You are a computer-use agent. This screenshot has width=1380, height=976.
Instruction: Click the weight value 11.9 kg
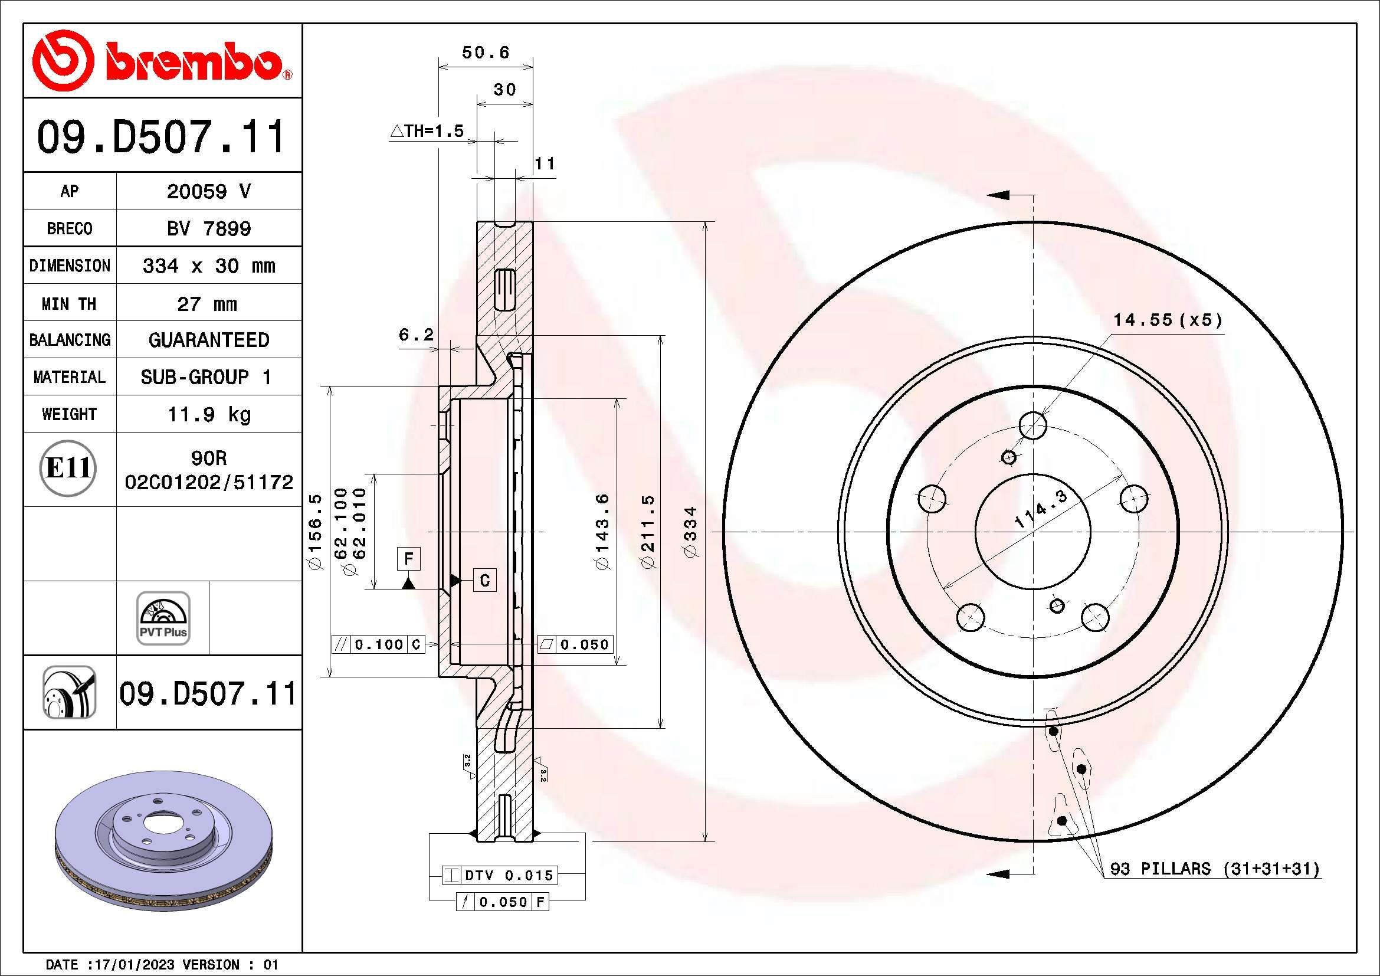pyautogui.click(x=208, y=414)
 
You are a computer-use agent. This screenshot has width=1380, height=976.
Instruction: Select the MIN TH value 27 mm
pyautogui.click(x=207, y=304)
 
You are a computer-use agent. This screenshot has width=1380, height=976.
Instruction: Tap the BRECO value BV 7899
pyautogui.click(x=208, y=228)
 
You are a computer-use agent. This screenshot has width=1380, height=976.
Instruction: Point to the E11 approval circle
pyautogui.click(x=68, y=467)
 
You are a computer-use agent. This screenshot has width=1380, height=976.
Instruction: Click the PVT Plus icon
pyautogui.click(x=163, y=618)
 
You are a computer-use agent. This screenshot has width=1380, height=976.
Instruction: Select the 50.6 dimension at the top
pyautogui.click(x=485, y=53)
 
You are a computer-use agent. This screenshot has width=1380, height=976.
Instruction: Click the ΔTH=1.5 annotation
pyautogui.click(x=427, y=131)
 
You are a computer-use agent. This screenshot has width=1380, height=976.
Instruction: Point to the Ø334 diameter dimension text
pyautogui.click(x=691, y=531)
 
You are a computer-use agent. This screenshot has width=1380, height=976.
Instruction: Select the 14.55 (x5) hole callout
pyautogui.click(x=1168, y=320)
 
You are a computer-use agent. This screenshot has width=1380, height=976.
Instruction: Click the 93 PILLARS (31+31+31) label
pyautogui.click(x=1214, y=869)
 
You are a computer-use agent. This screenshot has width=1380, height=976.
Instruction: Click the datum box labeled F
pyautogui.click(x=409, y=559)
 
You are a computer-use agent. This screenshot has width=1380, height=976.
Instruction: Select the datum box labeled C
pyautogui.click(x=484, y=580)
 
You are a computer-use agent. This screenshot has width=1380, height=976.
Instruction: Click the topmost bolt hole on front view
pyautogui.click(x=1032, y=425)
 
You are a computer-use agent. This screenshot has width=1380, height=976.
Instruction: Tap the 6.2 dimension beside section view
pyautogui.click(x=416, y=335)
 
